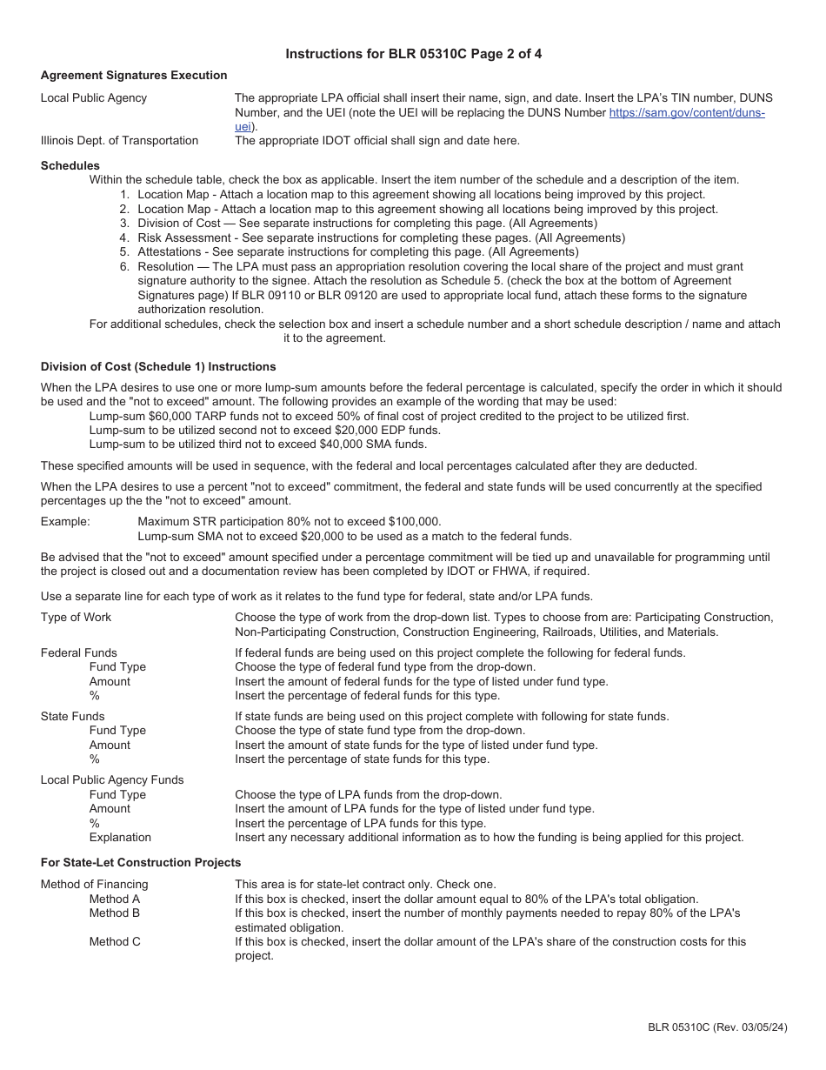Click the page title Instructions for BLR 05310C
[414, 54]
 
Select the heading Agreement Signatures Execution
[134, 76]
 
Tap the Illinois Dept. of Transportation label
[119, 141]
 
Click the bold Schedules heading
[70, 165]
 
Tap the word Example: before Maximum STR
[65, 522]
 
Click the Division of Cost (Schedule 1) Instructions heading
[158, 367]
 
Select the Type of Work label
[77, 618]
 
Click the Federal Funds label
[78, 652]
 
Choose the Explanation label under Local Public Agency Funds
[120, 838]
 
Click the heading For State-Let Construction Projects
[141, 863]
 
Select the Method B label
[115, 913]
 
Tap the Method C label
[115, 941]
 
